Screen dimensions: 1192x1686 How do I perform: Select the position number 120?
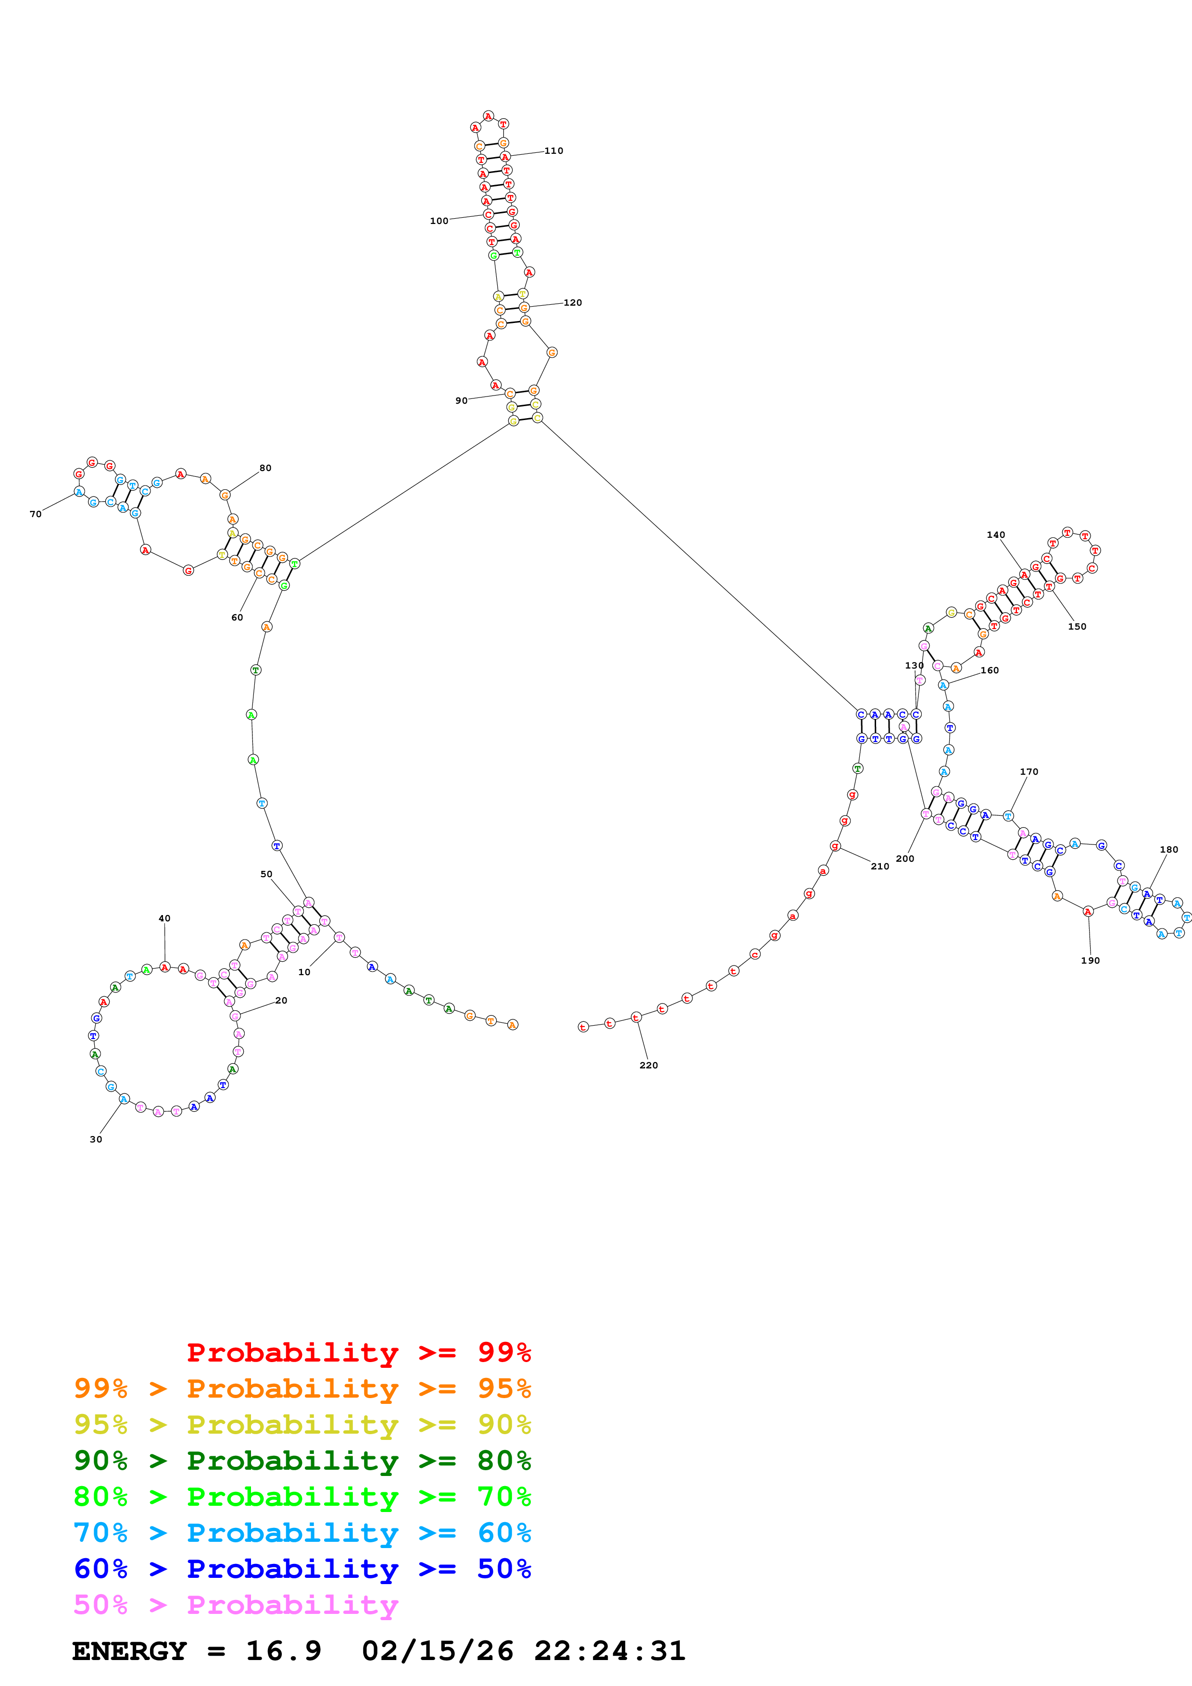(572, 302)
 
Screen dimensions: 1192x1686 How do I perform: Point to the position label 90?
(461, 401)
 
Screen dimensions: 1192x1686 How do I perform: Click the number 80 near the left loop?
(265, 468)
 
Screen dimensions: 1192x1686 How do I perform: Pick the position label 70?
(35, 514)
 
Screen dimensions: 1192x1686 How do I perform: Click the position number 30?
(96, 1139)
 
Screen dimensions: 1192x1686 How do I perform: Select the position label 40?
(164, 918)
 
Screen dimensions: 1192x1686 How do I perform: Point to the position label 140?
(995, 534)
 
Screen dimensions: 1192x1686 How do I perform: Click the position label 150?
(1077, 626)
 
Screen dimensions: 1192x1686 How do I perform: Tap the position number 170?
(1029, 772)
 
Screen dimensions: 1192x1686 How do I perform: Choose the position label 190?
(1090, 960)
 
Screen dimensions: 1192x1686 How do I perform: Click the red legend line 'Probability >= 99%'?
(358, 1352)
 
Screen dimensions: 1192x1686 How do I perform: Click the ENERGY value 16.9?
(284, 1651)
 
